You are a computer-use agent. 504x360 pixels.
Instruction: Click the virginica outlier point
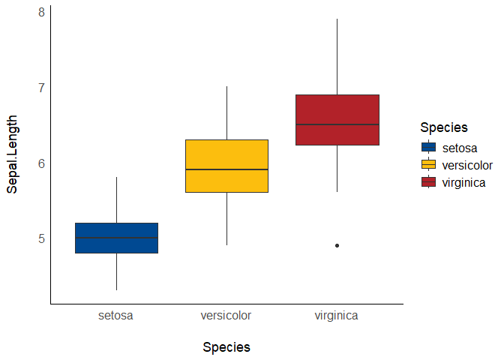337,245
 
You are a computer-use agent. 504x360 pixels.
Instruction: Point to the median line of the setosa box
116,238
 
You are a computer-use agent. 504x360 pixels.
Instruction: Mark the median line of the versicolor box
226,169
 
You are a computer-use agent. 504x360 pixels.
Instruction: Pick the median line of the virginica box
337,124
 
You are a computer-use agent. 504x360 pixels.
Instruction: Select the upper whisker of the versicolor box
226,112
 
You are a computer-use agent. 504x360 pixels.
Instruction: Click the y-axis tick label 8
42,12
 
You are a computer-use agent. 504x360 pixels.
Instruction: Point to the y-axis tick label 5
42,238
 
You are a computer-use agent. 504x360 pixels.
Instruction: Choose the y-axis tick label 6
42,163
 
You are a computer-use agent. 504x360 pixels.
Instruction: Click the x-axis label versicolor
226,316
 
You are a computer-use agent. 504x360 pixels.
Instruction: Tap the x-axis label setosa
116,316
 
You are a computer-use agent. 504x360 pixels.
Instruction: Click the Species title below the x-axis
226,347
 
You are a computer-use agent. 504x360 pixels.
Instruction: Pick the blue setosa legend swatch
429,148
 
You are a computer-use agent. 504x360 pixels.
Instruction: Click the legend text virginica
464,182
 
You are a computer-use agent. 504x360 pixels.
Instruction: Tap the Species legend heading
444,127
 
